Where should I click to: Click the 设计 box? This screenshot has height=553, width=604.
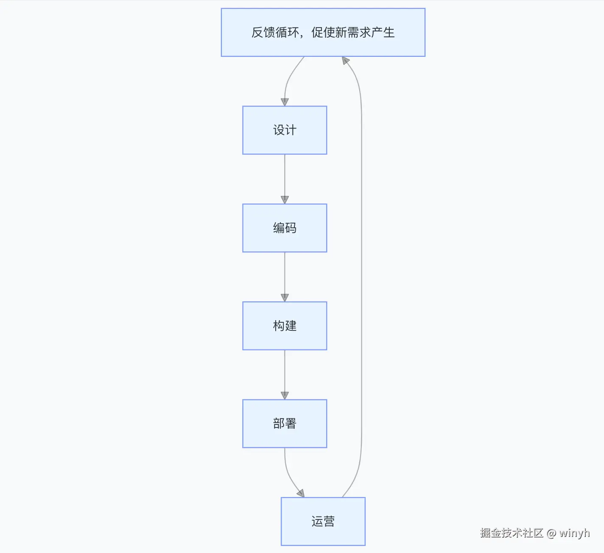tap(285, 130)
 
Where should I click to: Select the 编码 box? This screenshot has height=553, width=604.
tap(285, 228)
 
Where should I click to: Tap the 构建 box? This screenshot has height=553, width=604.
tap(285, 326)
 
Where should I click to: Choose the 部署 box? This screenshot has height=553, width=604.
tap(285, 424)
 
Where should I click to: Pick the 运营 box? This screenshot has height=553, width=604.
tap(323, 521)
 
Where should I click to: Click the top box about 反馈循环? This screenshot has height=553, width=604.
tap(323, 32)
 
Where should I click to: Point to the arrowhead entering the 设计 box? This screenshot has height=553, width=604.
tap(285, 102)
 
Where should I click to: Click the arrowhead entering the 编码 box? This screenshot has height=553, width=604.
tap(285, 200)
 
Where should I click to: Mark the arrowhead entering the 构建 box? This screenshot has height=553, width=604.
tap(285, 298)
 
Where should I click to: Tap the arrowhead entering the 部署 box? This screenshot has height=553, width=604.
tap(285, 395)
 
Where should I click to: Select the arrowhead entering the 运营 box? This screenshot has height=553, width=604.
tap(301, 493)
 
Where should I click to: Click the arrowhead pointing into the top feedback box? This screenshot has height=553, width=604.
tap(346, 61)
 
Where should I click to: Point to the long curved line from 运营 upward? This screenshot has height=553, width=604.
tap(361, 276)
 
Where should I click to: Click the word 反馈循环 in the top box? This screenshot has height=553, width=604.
tap(275, 32)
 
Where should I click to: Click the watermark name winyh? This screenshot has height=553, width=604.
tap(574, 533)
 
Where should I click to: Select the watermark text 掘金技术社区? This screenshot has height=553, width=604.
tap(512, 533)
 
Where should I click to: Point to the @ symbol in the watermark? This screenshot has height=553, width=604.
tap(551, 533)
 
